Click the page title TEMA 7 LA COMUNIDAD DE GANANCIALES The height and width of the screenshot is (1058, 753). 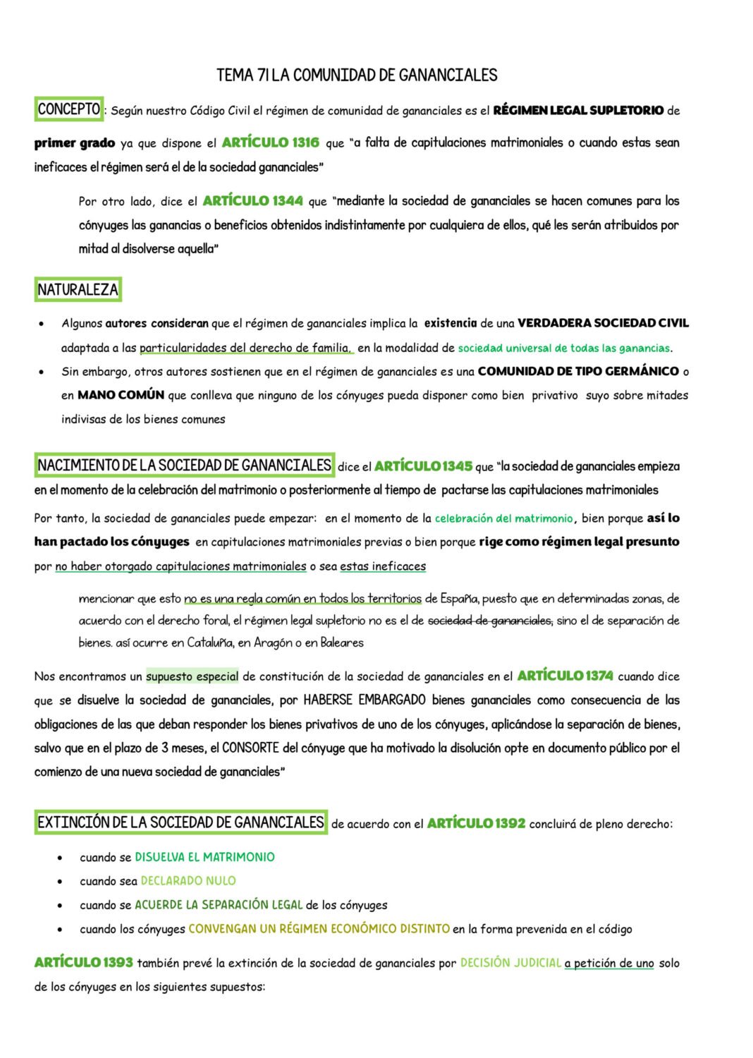pos(357,75)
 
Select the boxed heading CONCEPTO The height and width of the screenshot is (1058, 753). pos(68,109)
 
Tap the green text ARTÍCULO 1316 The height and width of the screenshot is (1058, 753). pos(270,142)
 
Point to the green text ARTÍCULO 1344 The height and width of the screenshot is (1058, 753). pos(252,201)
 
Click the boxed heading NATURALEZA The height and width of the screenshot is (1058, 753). pos(78,290)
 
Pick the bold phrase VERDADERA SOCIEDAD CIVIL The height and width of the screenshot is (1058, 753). pos(603,323)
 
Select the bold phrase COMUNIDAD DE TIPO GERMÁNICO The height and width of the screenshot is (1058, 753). pos(578,371)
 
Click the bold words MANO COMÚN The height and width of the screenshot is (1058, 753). pos(121,395)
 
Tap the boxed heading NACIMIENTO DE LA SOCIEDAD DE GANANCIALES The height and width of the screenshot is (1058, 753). pos(184,466)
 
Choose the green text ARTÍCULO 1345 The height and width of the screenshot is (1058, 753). pos(423,466)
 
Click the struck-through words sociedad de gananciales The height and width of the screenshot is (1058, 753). pos(490,621)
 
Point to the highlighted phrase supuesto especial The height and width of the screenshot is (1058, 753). pos(192,676)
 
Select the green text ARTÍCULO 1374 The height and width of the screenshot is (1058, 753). pos(565,676)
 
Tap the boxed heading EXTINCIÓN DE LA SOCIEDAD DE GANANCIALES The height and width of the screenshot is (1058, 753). pos(180,822)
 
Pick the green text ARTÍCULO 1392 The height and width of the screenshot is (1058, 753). pos(476,823)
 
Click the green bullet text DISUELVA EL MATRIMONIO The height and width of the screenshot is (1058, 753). pos(204,857)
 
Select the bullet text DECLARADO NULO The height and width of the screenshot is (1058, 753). pos(188,881)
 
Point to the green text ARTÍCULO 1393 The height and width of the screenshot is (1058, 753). pos(83,963)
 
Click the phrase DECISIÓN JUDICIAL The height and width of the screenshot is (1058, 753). pos(510,963)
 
